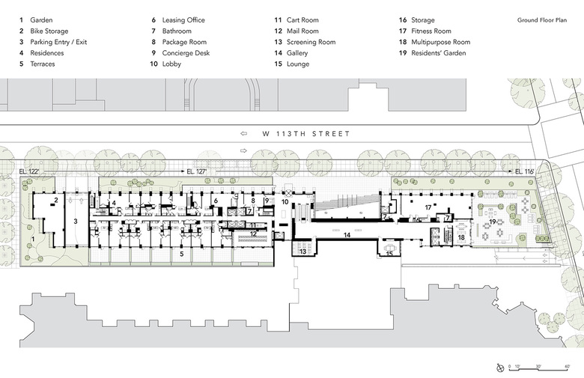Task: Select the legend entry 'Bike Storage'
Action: pos(49,31)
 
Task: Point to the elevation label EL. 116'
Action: pos(523,172)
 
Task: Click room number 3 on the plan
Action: pos(76,222)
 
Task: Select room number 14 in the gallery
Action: pos(346,235)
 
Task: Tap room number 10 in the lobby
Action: pos(285,202)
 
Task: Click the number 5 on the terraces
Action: pos(180,254)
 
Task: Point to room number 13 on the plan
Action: pos(303,252)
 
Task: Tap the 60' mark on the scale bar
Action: pos(568,367)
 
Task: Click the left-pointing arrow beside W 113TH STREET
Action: pos(243,133)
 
